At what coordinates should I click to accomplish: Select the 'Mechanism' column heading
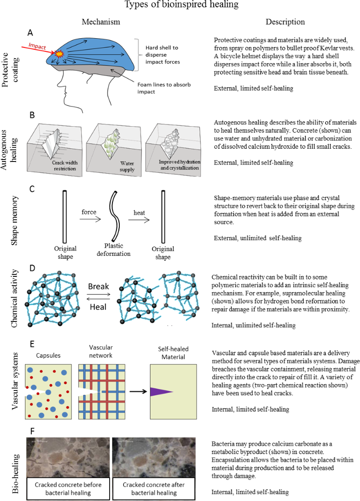coord(100,22)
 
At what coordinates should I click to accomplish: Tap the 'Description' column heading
coord(285,22)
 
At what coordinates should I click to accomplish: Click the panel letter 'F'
coord(32,432)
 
